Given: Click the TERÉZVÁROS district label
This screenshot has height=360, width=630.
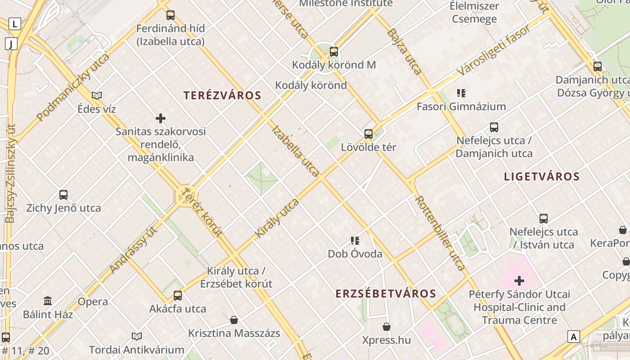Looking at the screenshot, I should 222,95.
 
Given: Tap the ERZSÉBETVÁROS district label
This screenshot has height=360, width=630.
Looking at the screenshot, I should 386,294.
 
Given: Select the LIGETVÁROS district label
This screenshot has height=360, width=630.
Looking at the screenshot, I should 542,176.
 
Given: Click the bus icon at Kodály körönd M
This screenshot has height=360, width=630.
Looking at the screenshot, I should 333,52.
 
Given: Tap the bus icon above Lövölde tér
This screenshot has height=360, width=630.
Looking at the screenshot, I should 369,134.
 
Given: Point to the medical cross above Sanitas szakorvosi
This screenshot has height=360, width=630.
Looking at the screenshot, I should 161,118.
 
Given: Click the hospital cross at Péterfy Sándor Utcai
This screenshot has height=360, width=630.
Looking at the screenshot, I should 519,281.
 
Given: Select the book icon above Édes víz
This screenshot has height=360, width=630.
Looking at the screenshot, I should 97,95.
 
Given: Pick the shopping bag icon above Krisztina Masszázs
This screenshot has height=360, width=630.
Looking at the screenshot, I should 234,320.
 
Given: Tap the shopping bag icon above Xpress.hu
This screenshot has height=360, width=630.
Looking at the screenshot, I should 387,327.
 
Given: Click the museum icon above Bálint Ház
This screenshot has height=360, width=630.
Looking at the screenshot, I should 48,301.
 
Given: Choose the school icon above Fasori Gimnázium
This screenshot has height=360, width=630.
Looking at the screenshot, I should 461,93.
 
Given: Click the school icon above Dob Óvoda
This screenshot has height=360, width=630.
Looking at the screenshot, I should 355,241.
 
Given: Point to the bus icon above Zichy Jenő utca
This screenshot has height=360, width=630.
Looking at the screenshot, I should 63,195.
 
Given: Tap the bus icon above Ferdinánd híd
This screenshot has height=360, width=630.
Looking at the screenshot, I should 171,15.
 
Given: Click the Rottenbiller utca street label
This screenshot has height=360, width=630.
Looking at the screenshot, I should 440,233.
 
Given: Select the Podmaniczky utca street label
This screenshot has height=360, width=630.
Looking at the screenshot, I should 73,88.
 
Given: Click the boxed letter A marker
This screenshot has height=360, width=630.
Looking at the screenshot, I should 574,337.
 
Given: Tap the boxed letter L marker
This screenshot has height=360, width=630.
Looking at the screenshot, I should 15,24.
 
